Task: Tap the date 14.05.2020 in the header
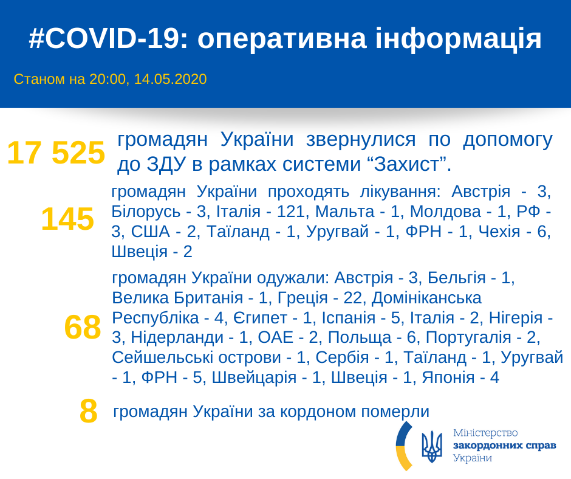[x=171, y=79]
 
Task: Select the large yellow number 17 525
[x=56, y=153]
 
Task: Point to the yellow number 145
[x=68, y=219]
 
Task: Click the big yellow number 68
[x=83, y=327]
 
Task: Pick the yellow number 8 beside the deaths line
[x=89, y=412]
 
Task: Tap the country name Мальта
[x=345, y=212]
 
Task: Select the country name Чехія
[x=499, y=232]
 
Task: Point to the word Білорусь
[x=146, y=212]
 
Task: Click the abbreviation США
[x=151, y=232]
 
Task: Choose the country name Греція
[x=303, y=298]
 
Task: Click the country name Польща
[x=360, y=337]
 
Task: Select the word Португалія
[x=468, y=337]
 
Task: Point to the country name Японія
[x=448, y=377]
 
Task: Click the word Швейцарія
[x=254, y=377]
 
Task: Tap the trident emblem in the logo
[x=431, y=446]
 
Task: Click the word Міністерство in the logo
[x=485, y=433]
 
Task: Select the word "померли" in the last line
[x=395, y=412]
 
